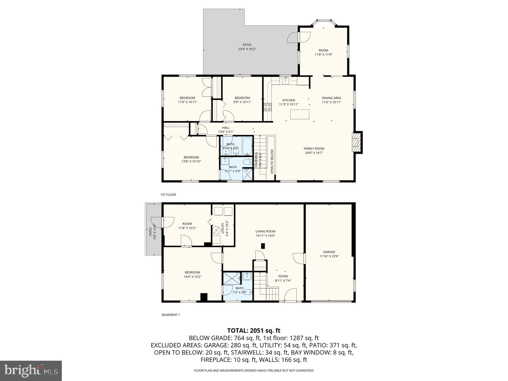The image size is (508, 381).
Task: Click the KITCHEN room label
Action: click(x=288, y=100)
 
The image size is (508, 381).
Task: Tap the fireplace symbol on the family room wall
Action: click(x=357, y=142)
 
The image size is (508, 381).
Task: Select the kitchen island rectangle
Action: click(x=300, y=114)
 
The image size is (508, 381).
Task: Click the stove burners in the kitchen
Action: click(x=267, y=107)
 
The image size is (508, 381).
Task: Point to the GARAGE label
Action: click(x=329, y=252)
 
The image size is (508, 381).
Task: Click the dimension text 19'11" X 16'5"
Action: click(x=265, y=236)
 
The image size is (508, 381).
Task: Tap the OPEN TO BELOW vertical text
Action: click(x=272, y=161)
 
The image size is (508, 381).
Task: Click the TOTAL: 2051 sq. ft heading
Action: click(x=254, y=330)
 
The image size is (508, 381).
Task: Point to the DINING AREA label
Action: click(x=331, y=98)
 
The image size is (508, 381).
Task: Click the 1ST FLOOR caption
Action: click(x=168, y=195)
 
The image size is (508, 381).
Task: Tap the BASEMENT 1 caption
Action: click(x=170, y=315)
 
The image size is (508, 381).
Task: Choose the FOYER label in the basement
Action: click(x=283, y=276)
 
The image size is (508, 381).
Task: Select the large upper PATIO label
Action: click(x=247, y=45)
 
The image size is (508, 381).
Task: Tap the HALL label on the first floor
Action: click(x=226, y=128)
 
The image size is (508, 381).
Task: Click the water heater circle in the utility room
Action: click(x=217, y=230)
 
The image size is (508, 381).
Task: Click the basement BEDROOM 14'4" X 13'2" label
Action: click(x=192, y=272)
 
